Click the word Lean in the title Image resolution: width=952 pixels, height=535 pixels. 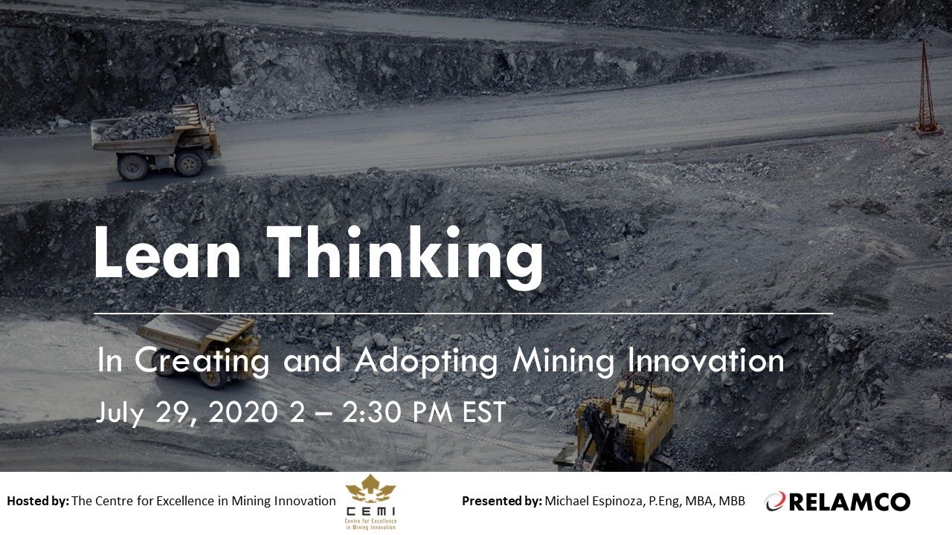(167, 255)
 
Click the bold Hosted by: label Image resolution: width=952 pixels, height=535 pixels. (37, 501)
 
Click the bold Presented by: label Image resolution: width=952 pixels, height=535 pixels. (501, 501)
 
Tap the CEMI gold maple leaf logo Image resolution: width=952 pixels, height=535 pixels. (371, 491)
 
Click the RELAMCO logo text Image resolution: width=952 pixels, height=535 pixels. (849, 502)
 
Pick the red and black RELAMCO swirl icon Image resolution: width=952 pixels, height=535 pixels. (776, 502)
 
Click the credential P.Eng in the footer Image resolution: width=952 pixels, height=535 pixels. (652, 501)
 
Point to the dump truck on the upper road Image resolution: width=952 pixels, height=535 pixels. (156, 141)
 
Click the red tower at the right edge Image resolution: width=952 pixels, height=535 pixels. (926, 89)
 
